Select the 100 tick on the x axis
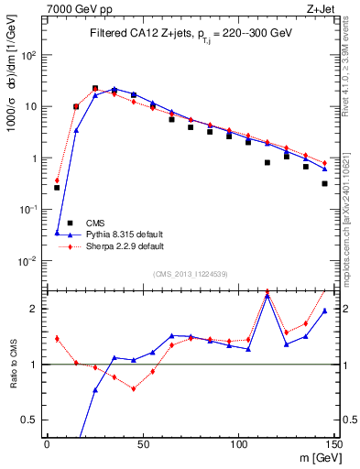[x=239, y=443]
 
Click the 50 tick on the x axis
[x=143, y=443]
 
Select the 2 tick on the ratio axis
[x=36, y=309]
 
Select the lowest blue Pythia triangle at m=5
[x=57, y=233]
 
